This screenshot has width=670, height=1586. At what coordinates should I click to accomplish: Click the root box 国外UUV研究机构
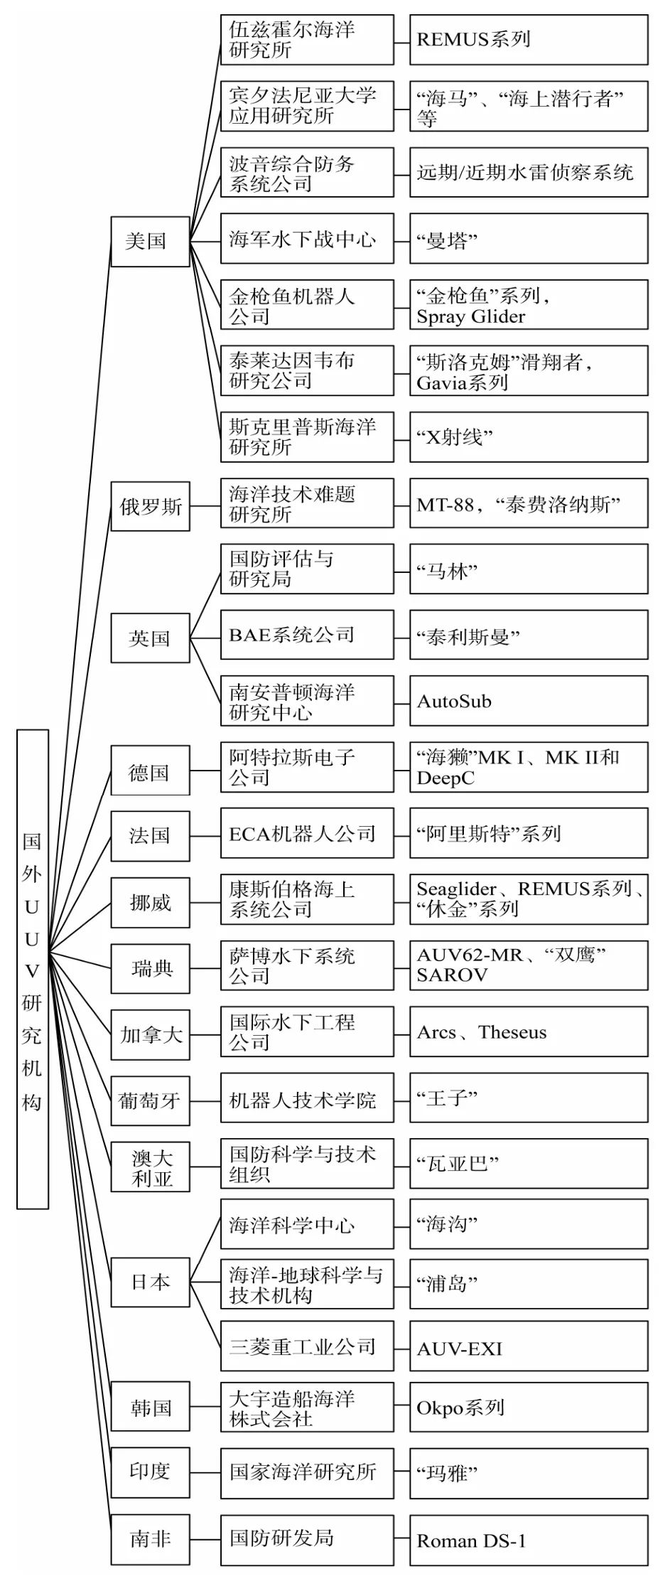[32, 968]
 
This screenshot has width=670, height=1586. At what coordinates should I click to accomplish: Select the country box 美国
[150, 242]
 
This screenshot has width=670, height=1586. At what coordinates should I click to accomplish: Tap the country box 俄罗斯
[150, 506]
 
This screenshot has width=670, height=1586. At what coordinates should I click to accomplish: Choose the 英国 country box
[150, 638]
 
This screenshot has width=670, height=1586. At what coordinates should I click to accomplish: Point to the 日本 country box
[150, 1282]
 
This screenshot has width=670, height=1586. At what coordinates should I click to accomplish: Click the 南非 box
[150, 1539]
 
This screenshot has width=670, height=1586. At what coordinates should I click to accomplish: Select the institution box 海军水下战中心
[306, 239]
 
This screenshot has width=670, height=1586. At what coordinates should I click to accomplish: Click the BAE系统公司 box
[306, 635]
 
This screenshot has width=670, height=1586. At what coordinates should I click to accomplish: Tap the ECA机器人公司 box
[306, 833]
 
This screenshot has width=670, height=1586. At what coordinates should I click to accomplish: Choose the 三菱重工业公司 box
[306, 1346]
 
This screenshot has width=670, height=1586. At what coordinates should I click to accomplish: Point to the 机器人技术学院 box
[306, 1100]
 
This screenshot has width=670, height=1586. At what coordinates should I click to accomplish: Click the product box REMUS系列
[528, 40]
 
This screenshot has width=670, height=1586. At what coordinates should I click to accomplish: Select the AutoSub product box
[528, 701]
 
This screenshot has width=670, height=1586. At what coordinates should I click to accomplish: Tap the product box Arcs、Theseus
[528, 1032]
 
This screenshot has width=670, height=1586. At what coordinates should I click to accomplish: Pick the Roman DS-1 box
[528, 1541]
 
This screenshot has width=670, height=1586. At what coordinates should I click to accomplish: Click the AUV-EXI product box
[528, 1348]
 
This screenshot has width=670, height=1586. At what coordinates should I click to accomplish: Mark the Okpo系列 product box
[528, 1408]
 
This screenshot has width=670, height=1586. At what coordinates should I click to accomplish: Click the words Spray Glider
[471, 317]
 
